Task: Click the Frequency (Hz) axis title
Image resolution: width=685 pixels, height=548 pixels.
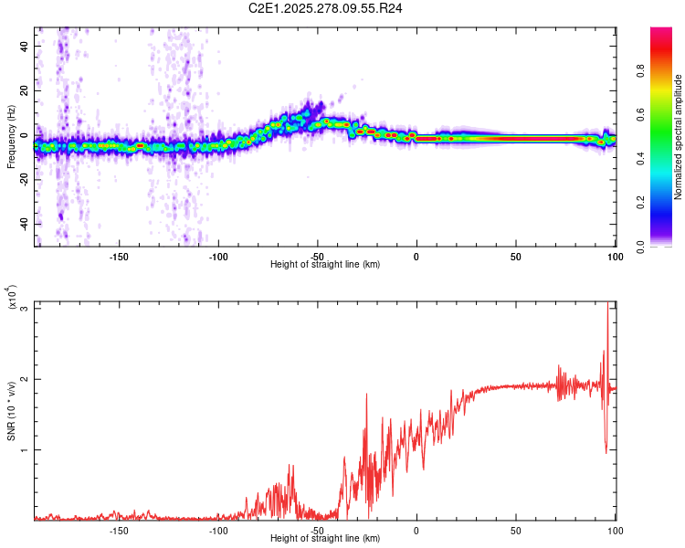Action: [x=11, y=137]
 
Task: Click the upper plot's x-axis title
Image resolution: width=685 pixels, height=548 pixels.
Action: [x=325, y=264]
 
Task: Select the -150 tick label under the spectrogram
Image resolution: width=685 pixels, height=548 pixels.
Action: [x=118, y=257]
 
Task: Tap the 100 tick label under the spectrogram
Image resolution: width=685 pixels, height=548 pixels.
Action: [x=615, y=257]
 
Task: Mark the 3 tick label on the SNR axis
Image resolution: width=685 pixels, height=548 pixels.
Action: [x=26, y=309]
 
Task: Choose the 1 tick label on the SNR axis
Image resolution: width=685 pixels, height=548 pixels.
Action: [x=26, y=450]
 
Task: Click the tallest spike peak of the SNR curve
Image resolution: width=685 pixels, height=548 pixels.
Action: [x=608, y=308]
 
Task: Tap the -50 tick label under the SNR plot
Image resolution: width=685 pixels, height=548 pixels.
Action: [x=317, y=531]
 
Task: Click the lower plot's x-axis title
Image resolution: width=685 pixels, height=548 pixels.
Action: [x=325, y=539]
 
